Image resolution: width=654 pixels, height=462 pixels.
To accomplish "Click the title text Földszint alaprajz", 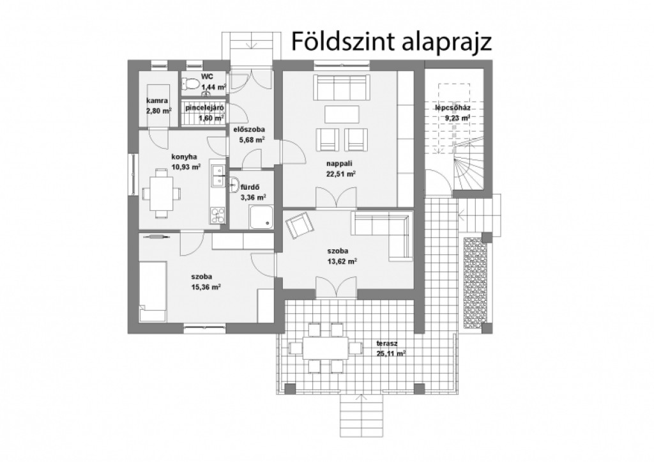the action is tap(392, 42).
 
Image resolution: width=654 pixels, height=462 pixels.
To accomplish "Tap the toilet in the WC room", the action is tap(190, 84).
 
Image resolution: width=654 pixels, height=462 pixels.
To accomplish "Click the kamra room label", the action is tap(157, 100).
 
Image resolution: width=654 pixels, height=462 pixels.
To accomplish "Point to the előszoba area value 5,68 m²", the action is tap(252, 140).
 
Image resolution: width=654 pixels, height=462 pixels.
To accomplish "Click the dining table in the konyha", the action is tap(161, 193).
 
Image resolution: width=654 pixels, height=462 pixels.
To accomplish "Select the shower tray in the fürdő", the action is tap(262, 217).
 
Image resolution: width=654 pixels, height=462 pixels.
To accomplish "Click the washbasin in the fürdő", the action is tap(234, 184).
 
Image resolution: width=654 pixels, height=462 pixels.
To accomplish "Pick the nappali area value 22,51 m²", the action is tap(341, 174).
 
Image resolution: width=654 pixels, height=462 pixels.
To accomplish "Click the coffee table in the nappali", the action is tap(342, 114).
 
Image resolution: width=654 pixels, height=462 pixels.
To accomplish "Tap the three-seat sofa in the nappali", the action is tap(341, 88).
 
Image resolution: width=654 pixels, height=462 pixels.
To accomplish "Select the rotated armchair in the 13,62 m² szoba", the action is tap(300, 226).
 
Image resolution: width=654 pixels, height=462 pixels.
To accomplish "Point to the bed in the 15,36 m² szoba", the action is tap(153, 291).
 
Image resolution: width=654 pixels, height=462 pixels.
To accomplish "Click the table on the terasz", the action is tap(325, 348).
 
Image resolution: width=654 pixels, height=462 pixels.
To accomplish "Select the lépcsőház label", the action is tap(453, 108).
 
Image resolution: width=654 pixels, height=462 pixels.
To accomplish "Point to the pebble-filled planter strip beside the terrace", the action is tap(475, 282).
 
